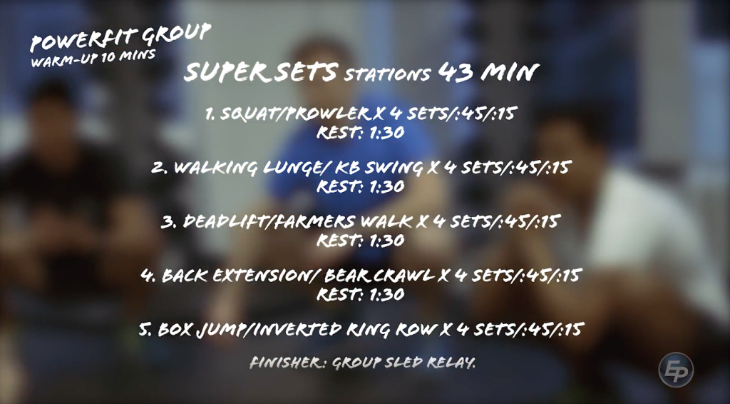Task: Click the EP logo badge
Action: point(675,370)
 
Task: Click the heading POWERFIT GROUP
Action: point(120,37)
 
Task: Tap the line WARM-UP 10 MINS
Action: point(93,57)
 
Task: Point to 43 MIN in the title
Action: point(488,72)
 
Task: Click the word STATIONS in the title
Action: point(388,74)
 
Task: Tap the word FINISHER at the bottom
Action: point(288,363)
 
